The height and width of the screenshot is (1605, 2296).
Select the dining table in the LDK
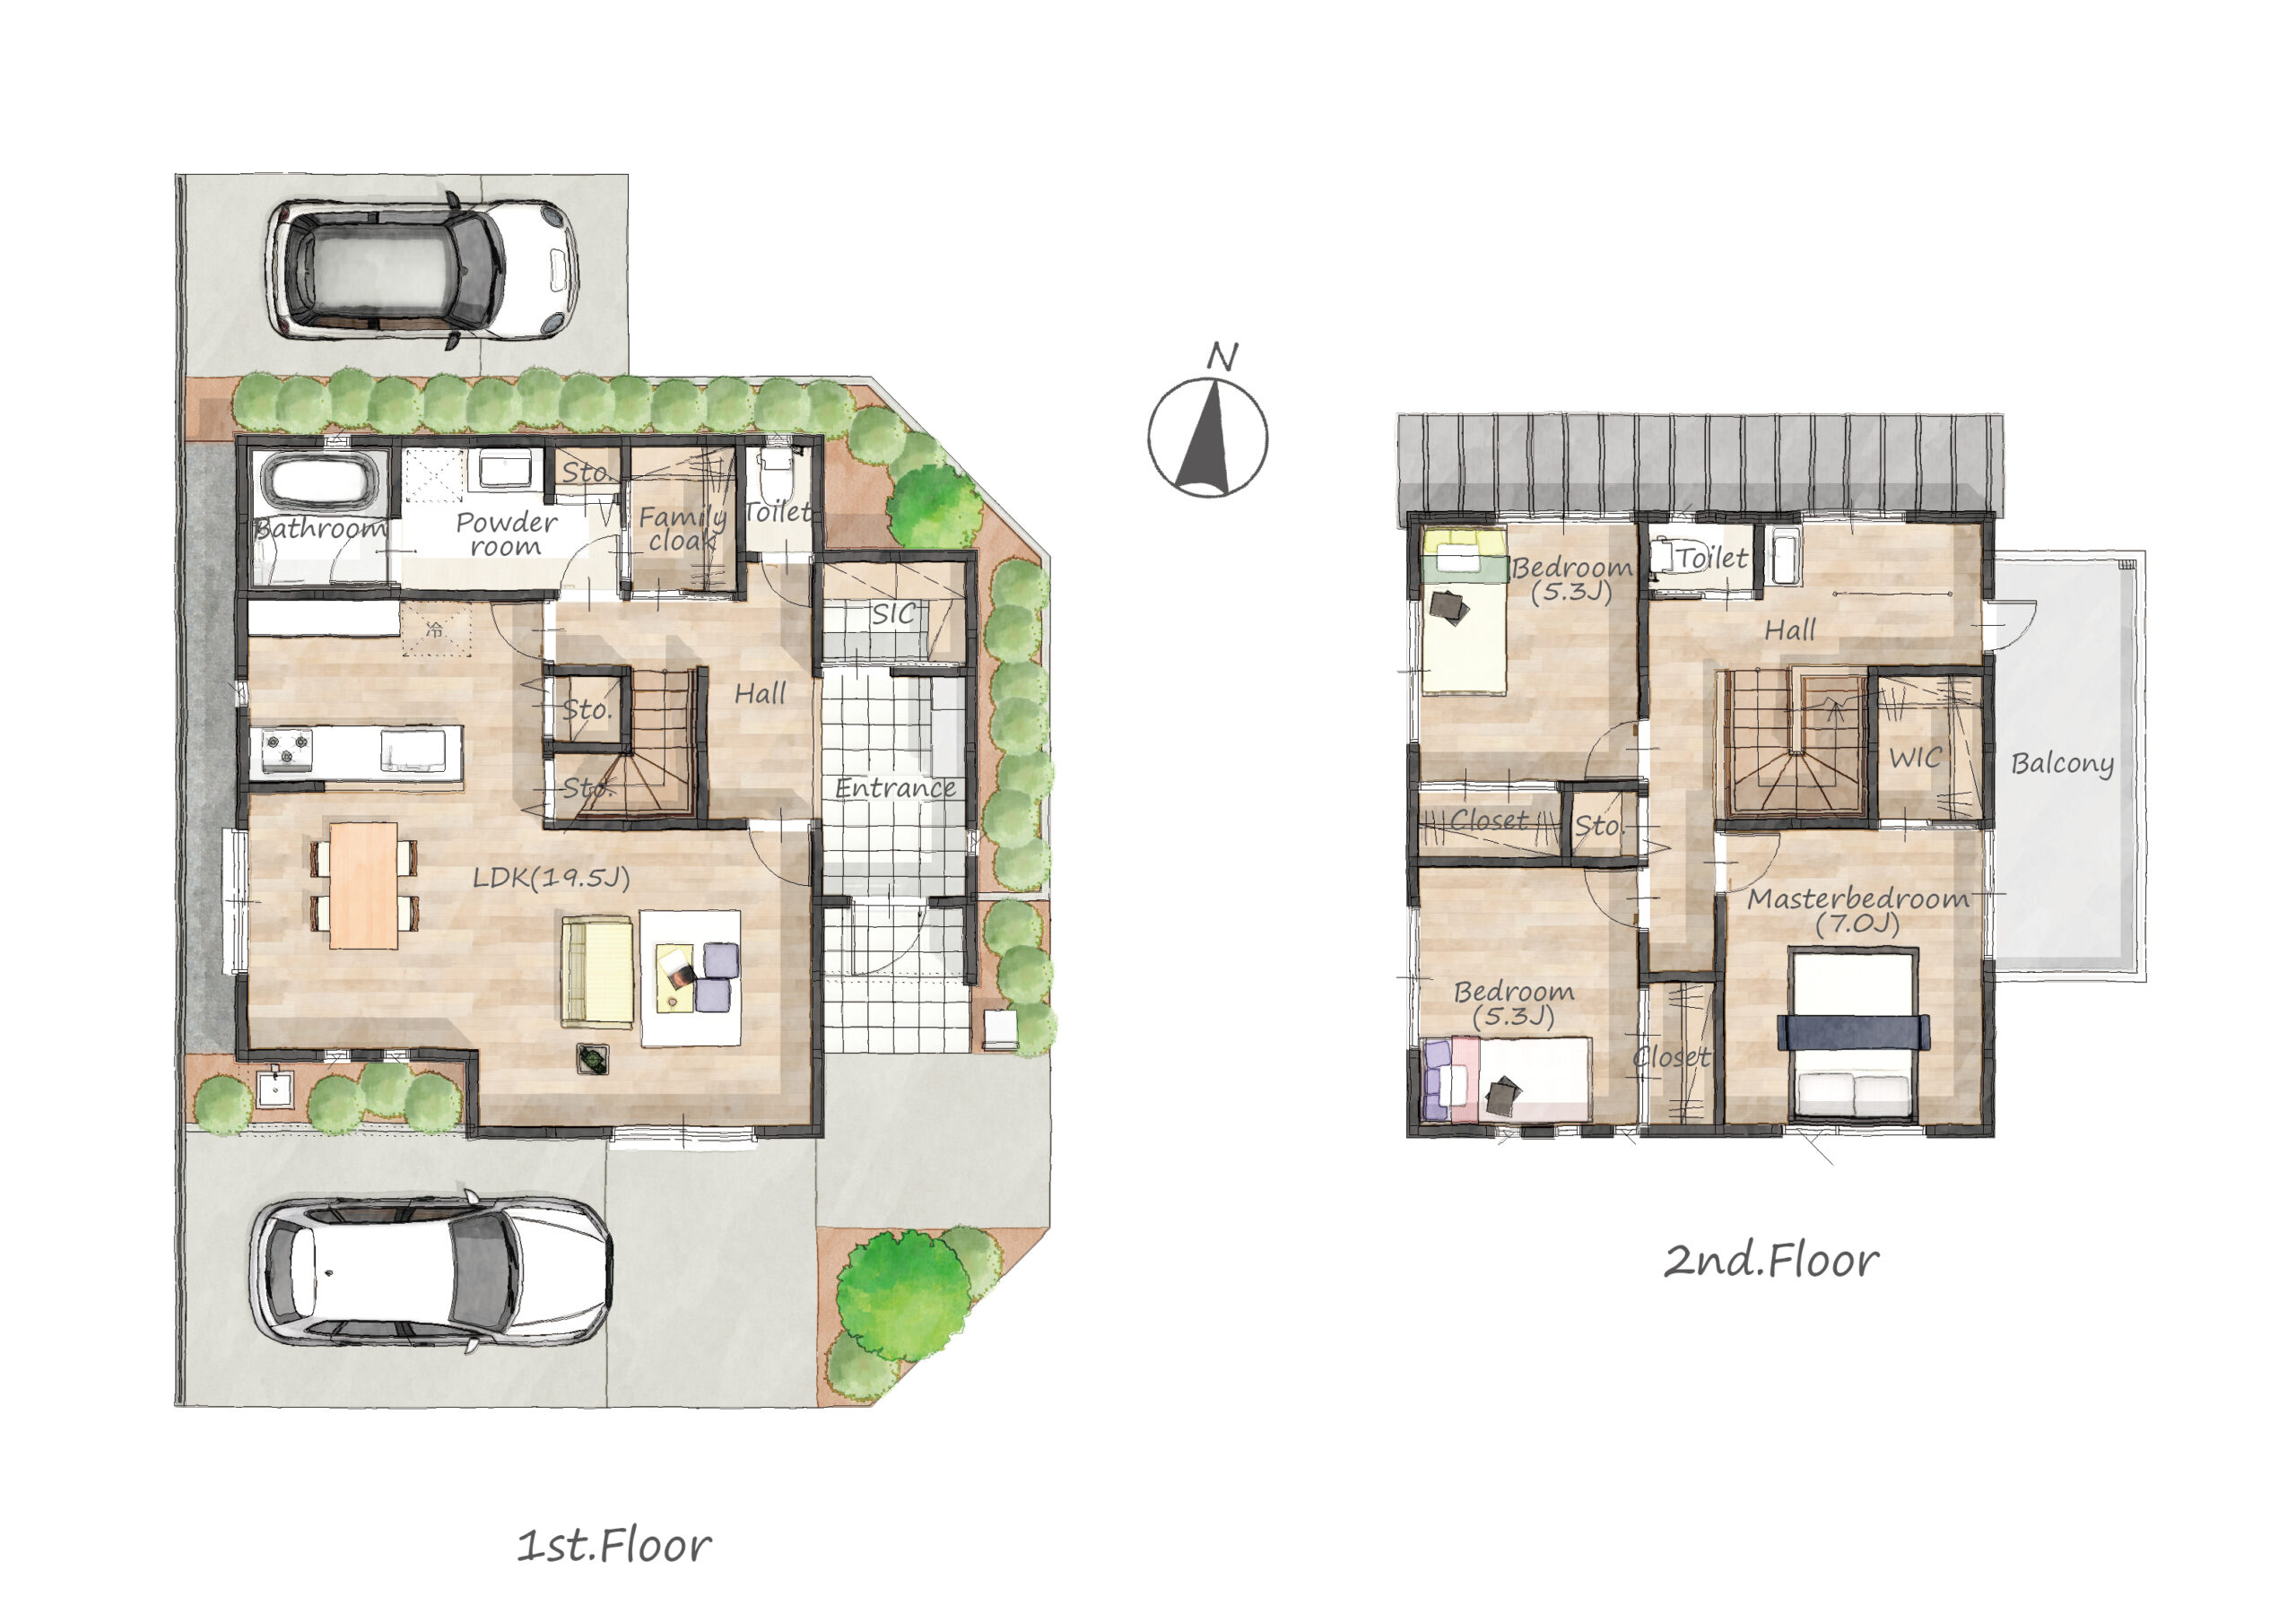click(363, 885)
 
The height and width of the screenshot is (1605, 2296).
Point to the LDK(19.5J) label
click(551, 878)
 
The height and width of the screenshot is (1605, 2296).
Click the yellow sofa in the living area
click(597, 972)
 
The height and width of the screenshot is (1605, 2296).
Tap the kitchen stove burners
click(287, 750)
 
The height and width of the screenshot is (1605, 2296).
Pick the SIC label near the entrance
click(892, 614)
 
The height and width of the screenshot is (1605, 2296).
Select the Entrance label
click(895, 788)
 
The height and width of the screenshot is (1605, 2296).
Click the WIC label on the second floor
click(1915, 758)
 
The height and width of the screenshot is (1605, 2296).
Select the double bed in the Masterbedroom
click(1853, 1035)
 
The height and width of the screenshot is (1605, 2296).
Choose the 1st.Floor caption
click(614, 1546)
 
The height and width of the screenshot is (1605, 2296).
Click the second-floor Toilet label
click(1712, 558)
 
